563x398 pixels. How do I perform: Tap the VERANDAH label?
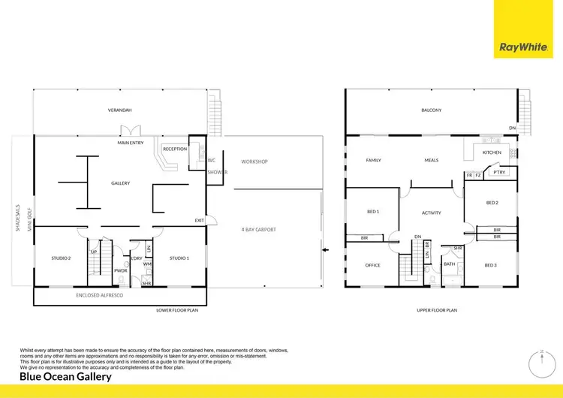pos(121,110)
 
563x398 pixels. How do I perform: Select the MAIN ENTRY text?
pos(131,143)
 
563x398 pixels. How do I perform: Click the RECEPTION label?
pos(175,149)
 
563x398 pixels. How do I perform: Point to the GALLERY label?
pos(121,183)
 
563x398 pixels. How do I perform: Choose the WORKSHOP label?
pos(254,161)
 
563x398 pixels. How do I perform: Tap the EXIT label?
pos(199,220)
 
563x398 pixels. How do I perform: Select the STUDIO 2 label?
pos(61,258)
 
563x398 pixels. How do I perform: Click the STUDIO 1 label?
pos(179,258)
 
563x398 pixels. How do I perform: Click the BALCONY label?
pos(431,110)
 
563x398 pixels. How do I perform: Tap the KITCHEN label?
pos(492,152)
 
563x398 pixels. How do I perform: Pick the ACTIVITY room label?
pos(431,213)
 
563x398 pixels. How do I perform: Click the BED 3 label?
pos(491,265)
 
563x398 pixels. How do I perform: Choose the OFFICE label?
pos(372,265)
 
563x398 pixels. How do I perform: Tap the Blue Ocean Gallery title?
pos(65,377)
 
